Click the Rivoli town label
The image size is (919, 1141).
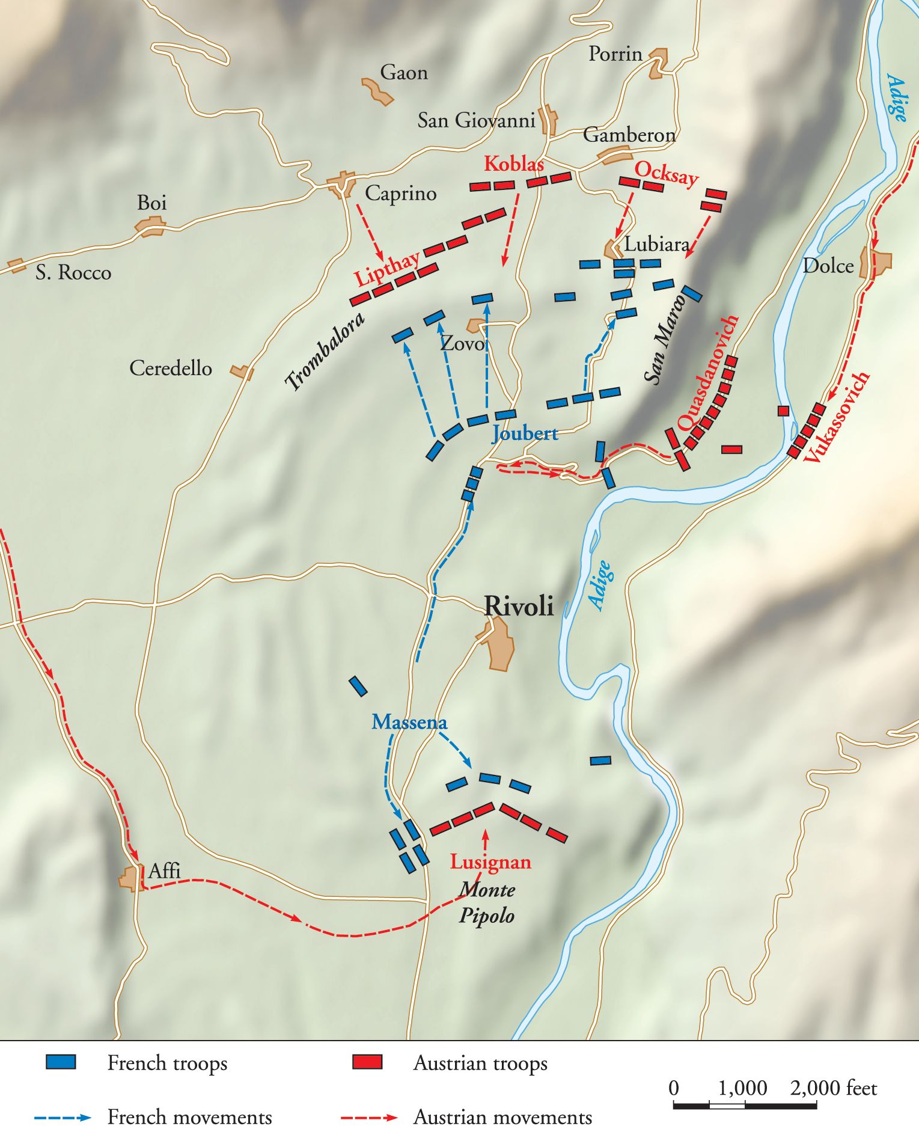[519, 606]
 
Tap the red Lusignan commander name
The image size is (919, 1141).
[490, 862]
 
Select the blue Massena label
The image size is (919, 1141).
[409, 722]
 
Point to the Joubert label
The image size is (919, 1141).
[525, 433]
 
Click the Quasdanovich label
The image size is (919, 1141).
[708, 373]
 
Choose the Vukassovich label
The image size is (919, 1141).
[836, 417]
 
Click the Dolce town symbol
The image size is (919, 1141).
[876, 263]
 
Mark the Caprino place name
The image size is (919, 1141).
[400, 194]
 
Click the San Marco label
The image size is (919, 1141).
[664, 340]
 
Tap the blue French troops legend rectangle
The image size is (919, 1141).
[61, 1062]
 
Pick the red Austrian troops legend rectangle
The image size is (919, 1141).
[367, 1062]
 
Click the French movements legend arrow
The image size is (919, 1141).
[63, 1118]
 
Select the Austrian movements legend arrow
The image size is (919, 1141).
[368, 1118]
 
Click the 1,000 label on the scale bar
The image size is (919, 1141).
[742, 1088]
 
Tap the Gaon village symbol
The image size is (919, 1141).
[377, 91]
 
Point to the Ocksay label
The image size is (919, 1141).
[667, 173]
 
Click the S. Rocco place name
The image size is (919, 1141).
[73, 273]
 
